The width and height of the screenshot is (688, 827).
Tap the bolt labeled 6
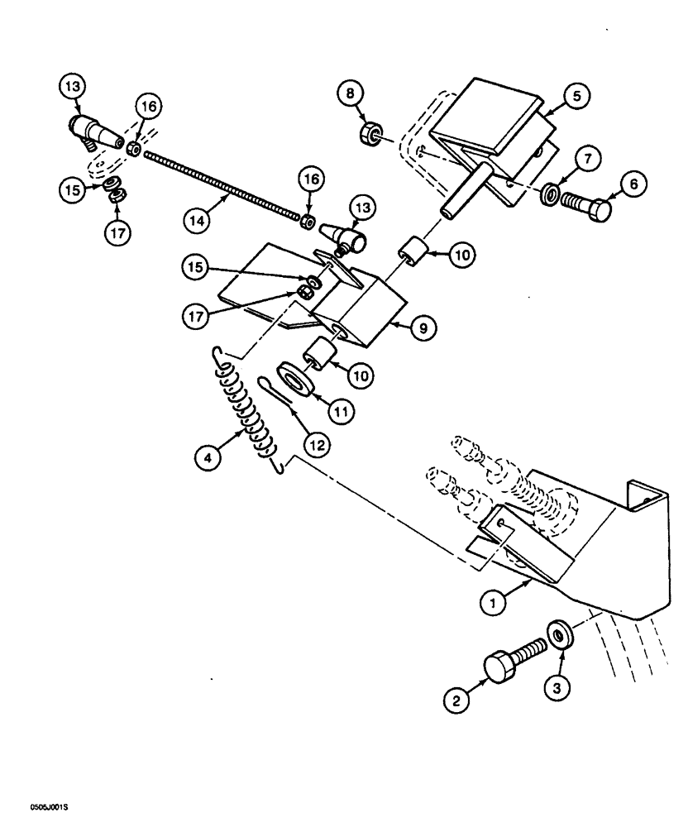coord(585,203)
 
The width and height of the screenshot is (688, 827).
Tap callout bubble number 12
coord(317,443)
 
